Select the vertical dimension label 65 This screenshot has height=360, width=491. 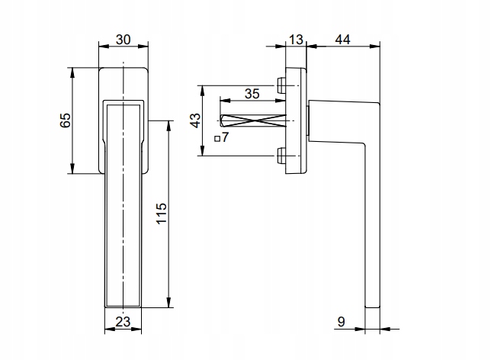click(65, 121)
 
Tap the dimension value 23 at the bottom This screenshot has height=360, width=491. click(122, 322)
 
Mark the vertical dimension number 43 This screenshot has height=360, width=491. click(195, 121)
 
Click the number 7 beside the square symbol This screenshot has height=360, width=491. click(226, 138)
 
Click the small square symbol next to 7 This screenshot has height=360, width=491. click(217, 139)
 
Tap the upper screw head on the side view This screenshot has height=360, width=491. click(282, 84)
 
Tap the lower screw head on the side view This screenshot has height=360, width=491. click(282, 156)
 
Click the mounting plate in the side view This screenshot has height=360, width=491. click(297, 121)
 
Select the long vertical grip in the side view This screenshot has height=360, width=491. click(371, 229)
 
